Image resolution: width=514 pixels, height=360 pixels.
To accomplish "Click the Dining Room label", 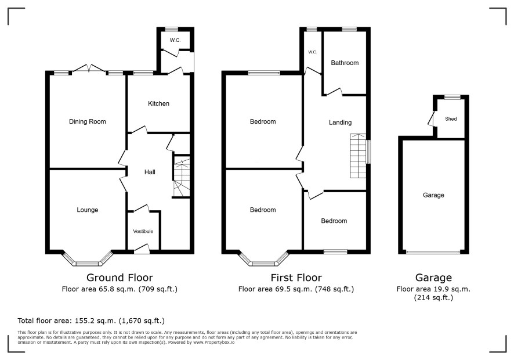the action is click(x=87, y=122).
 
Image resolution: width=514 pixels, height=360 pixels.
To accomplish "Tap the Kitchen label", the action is click(x=158, y=104).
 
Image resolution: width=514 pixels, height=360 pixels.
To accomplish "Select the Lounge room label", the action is click(x=87, y=210).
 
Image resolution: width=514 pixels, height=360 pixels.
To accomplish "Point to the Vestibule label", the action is click(x=143, y=231).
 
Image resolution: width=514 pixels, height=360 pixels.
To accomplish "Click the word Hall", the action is click(x=150, y=172).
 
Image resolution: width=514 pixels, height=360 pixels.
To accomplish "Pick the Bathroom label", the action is click(x=345, y=63).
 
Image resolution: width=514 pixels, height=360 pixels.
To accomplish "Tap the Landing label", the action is click(x=341, y=123).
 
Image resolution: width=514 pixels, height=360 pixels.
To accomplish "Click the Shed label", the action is click(x=451, y=119).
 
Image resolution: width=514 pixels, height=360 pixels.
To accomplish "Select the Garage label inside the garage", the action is click(x=433, y=195).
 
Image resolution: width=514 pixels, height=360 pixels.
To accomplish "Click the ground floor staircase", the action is click(x=181, y=177).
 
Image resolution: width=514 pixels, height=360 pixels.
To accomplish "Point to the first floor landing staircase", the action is click(x=358, y=156).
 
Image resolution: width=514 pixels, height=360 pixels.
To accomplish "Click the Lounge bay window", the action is click(x=87, y=260).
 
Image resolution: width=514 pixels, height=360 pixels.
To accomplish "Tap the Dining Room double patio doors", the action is click(x=89, y=68).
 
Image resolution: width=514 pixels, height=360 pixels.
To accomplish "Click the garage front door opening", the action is click(x=433, y=252).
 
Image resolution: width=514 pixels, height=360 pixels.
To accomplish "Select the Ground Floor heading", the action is click(x=120, y=278).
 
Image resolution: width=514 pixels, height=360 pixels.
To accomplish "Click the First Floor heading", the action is click(x=296, y=278).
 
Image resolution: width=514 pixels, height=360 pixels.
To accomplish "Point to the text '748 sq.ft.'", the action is click(x=334, y=289).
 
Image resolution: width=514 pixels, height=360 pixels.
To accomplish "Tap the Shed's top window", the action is click(x=453, y=97).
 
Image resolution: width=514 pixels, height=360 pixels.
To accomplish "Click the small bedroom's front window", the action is click(x=335, y=251).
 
